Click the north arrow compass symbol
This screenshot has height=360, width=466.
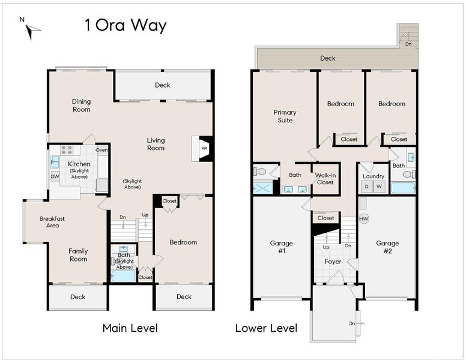[31, 31]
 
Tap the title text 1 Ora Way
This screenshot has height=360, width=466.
[126, 26]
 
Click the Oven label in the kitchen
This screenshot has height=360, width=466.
[101, 150]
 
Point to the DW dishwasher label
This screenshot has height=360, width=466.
[55, 176]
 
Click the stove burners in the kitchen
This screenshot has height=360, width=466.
[67, 150]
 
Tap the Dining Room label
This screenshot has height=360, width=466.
[82, 106]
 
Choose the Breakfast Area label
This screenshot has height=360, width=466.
[52, 222]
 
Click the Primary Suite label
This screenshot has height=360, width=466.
[285, 116]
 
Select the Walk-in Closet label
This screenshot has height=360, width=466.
[325, 179]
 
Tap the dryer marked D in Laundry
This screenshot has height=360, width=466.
[367, 187]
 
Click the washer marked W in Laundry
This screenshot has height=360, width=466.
[379, 187]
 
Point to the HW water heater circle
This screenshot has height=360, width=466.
[364, 219]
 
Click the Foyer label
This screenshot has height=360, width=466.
[333, 262]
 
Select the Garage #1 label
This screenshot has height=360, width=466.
[282, 247]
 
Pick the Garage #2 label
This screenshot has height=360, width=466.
[387, 247]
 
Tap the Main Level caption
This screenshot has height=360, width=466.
[130, 328]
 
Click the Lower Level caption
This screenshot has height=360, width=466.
[266, 328]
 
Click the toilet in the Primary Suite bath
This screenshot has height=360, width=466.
[259, 172]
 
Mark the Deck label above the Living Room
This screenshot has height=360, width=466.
[163, 85]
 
